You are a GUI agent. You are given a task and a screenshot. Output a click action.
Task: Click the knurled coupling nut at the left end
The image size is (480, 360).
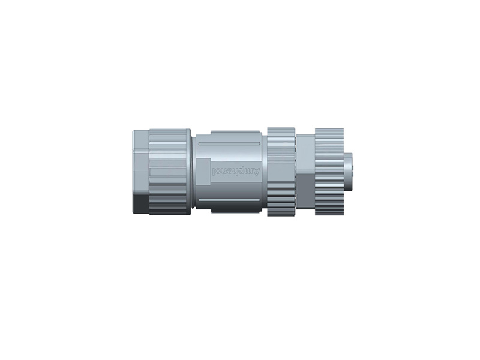pyautogui.click(x=169, y=172)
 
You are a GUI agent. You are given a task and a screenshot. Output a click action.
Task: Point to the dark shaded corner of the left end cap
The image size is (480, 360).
pyautogui.click(x=139, y=204)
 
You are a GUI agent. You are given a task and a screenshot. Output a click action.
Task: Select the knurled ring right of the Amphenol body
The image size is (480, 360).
pyautogui.click(x=281, y=172)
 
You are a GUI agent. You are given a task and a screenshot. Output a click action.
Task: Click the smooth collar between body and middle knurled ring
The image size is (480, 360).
pyautogui.click(x=263, y=172)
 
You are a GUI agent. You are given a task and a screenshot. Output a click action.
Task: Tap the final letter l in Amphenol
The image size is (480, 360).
pyautogui.click(x=215, y=172)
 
